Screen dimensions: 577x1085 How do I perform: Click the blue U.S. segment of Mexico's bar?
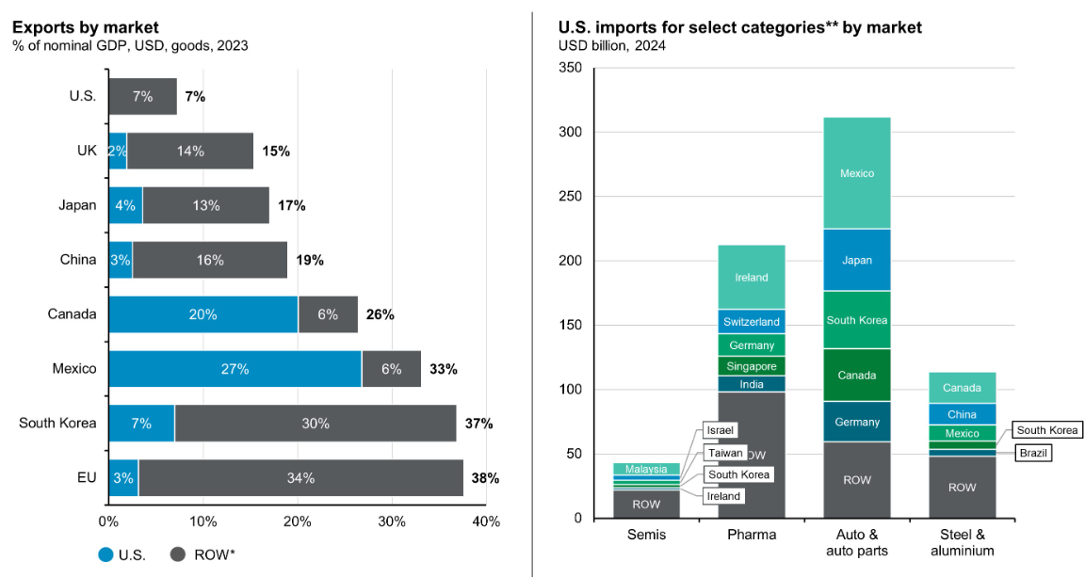235,369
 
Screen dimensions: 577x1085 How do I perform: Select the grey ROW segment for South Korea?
316,424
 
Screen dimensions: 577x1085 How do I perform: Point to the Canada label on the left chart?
73,314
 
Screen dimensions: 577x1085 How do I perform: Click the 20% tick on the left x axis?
298,521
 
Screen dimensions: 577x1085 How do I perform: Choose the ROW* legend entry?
202,554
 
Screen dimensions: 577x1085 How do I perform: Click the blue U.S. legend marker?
105,554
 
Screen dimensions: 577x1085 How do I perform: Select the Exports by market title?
86,27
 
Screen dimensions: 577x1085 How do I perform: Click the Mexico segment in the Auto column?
856,173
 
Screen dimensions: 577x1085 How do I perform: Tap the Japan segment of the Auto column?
856,260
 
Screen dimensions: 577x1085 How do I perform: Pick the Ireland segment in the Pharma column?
751,277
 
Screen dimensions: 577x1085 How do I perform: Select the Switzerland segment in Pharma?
751,322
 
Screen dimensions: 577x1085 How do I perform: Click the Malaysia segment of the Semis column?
646,469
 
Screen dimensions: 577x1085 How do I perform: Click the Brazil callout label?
1033,453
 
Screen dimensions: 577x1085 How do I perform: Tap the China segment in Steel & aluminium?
962,414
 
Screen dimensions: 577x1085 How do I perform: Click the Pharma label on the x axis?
751,536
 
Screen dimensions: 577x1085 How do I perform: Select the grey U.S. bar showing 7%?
142,96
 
